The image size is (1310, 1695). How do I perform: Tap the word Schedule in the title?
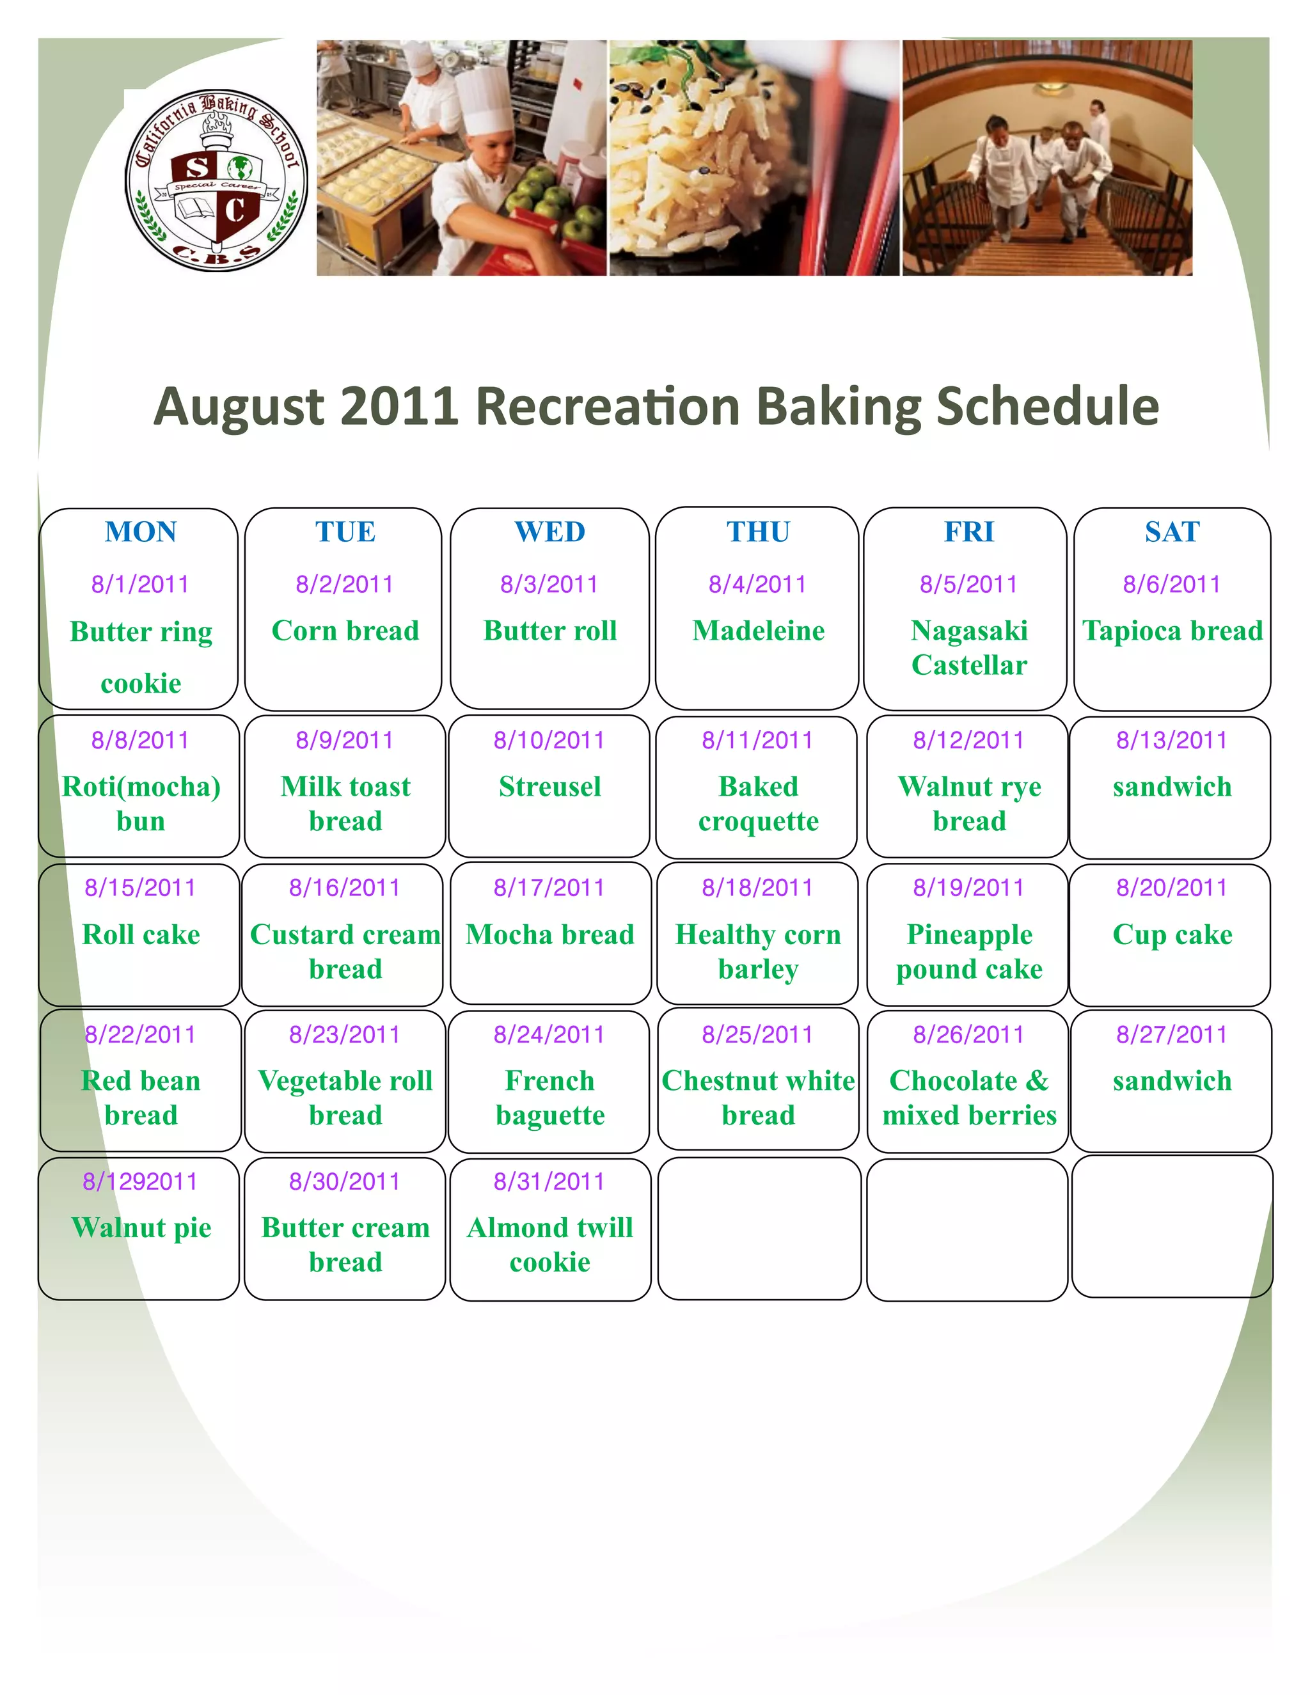pos(1048,406)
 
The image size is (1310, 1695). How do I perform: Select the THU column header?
pos(758,532)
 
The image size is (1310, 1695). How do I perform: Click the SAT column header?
pos(1172,532)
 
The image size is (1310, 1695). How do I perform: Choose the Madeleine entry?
pos(758,630)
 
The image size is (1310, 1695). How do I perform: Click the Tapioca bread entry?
pos(1172,630)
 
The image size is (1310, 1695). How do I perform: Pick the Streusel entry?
pos(549,786)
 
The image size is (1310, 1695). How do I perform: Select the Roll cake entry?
pos(141,934)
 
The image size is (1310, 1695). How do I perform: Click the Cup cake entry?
pos(1172,934)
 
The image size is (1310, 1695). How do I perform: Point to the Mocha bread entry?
pos(549,934)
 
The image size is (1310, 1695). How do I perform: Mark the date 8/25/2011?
pos(757,1034)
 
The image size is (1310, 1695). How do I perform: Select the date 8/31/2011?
pos(549,1181)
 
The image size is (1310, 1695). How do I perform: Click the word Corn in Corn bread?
pos(305,630)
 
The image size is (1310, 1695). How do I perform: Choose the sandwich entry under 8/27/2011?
pos(1172,1080)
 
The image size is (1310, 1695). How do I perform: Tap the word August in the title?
pos(239,406)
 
